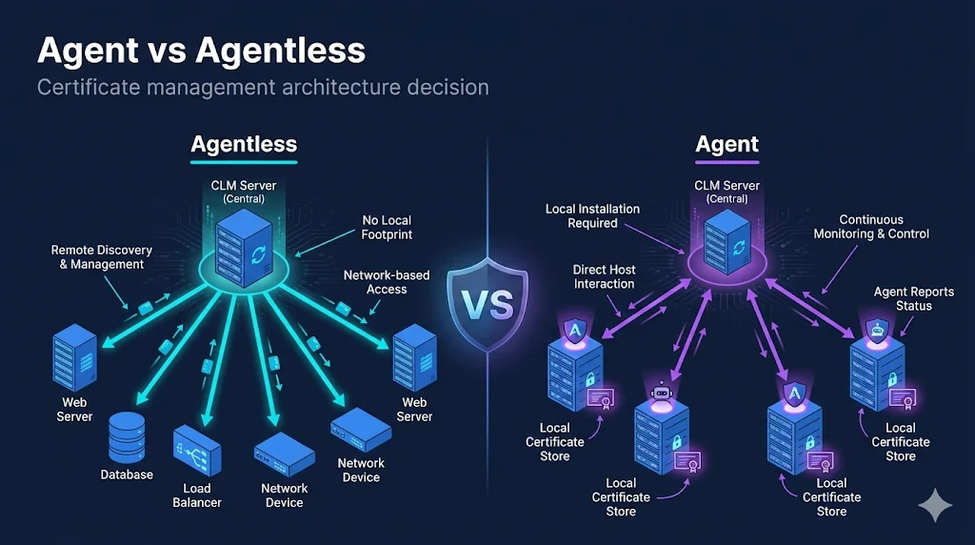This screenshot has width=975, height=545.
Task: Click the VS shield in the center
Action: tap(487, 304)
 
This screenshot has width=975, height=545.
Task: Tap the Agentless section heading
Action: tap(244, 145)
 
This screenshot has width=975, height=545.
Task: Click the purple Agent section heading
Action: tap(726, 145)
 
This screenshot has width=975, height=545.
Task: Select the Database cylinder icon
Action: tap(127, 438)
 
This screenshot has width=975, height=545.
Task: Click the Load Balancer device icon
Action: tap(197, 453)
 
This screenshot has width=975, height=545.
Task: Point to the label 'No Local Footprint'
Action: tap(387, 227)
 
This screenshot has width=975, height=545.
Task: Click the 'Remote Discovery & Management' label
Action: tap(101, 257)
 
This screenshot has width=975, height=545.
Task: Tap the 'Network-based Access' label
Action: tap(387, 282)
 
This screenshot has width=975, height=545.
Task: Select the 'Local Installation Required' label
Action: tap(592, 215)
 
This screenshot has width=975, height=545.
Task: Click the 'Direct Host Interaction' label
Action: tap(604, 276)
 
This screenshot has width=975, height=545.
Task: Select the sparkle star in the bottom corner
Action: tap(935, 505)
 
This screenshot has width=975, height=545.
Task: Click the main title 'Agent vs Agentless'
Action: tap(201, 50)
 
